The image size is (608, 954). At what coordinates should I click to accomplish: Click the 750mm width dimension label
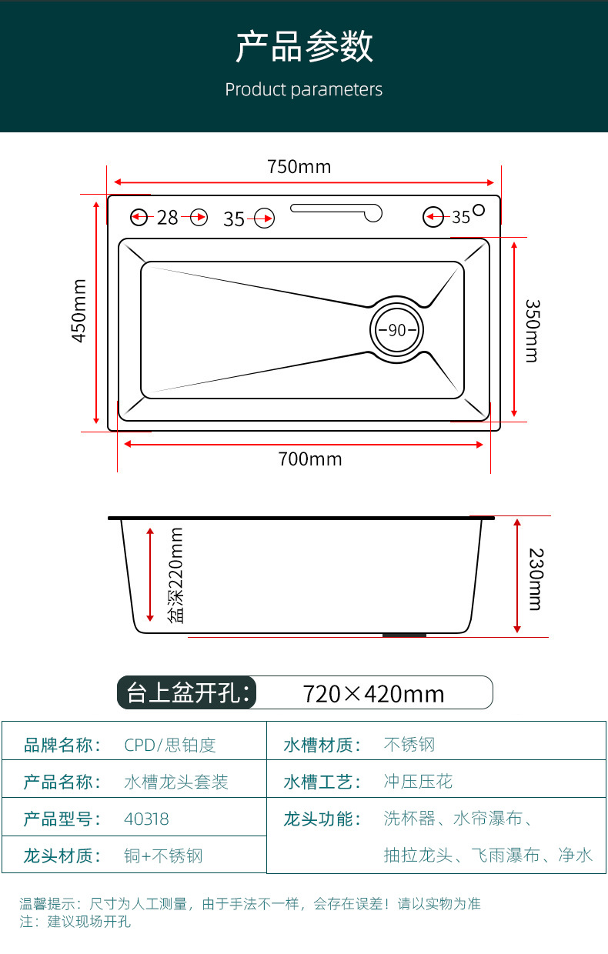(299, 166)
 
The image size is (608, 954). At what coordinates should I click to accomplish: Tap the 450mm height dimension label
(79, 311)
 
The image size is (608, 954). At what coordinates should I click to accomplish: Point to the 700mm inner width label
(309, 459)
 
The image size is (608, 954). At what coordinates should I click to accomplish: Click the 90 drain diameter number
(396, 330)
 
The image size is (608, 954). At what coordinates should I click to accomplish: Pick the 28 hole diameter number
(167, 218)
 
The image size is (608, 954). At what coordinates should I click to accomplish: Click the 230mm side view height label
(536, 579)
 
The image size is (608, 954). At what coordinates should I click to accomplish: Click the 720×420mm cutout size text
(373, 693)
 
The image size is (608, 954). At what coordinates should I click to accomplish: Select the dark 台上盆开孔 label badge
(187, 692)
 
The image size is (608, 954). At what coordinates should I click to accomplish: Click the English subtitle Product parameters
(303, 90)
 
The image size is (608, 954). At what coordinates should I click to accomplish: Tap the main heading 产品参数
(304, 47)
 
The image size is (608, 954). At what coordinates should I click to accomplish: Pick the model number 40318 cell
(146, 819)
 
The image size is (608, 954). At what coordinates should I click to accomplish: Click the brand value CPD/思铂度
(170, 745)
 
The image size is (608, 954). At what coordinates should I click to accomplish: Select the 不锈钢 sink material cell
(409, 745)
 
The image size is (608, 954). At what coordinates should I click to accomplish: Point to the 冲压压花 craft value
(418, 782)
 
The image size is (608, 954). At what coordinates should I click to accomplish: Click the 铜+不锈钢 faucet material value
(163, 856)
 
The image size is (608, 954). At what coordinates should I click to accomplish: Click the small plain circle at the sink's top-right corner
(479, 209)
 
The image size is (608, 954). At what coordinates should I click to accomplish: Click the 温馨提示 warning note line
(250, 903)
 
